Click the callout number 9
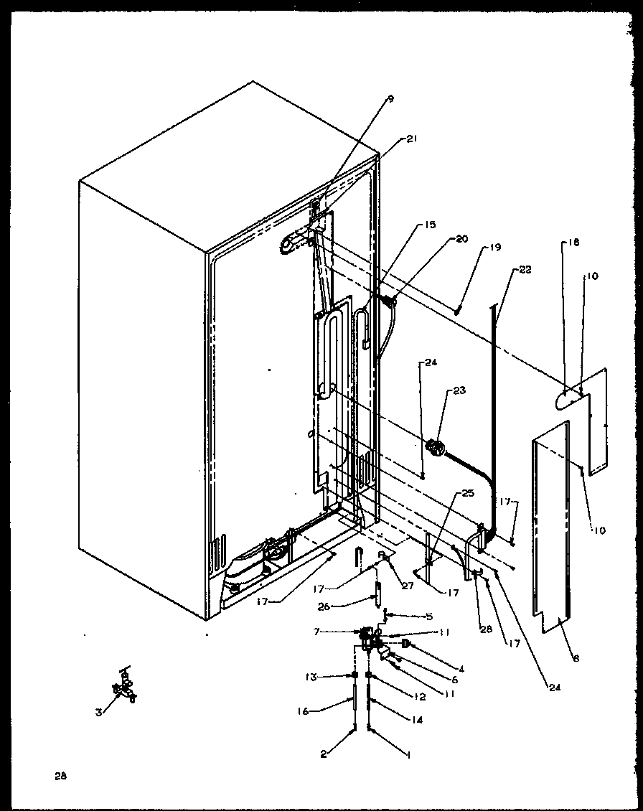click(x=390, y=100)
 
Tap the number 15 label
click(x=429, y=225)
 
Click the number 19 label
click(x=495, y=248)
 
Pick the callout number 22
click(x=526, y=270)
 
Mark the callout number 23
click(x=459, y=391)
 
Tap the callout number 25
click(x=468, y=493)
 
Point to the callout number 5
click(x=429, y=616)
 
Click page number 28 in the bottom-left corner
click(x=60, y=775)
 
